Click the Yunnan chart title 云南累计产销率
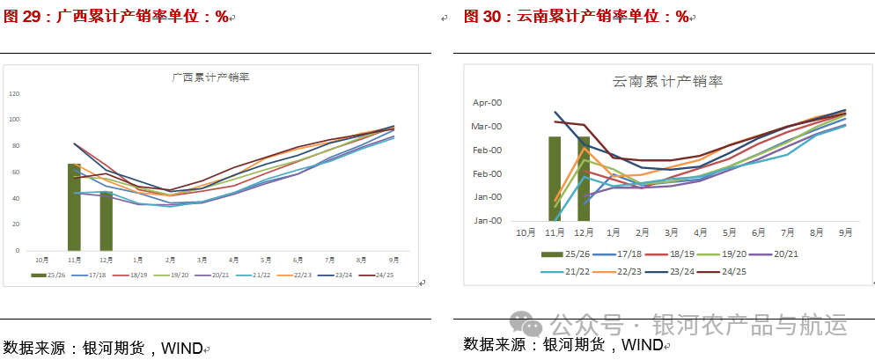tap(667, 82)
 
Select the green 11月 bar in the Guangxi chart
tap(74, 207)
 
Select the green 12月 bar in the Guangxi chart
tap(106, 221)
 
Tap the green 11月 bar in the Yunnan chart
tap(555, 178)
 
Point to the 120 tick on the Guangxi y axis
tap(14, 93)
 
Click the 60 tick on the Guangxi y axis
tap(16, 172)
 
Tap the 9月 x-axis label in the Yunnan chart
tap(846, 232)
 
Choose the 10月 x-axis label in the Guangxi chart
tap(42, 260)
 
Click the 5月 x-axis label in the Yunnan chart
tap(730, 232)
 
